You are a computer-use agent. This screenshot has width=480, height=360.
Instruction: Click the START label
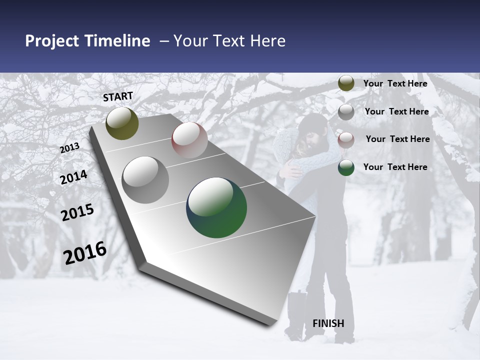pos(118,96)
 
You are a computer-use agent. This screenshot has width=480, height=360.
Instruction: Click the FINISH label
pos(328,323)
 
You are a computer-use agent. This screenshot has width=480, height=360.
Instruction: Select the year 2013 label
pos(69,148)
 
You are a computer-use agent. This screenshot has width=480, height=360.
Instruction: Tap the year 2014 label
pos(73,177)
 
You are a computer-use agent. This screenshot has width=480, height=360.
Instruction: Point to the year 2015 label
pos(77,212)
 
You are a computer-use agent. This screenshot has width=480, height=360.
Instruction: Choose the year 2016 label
pos(85,253)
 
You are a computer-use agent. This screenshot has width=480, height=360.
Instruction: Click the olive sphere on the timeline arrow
pos(122,123)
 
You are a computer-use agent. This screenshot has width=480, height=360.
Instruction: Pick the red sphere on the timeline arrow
pos(189,140)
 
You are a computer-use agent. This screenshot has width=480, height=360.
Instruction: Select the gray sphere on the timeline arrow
pos(145,180)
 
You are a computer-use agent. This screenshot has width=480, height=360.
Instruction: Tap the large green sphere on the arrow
pos(216,207)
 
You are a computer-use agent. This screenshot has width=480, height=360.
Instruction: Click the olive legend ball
pos(346,83)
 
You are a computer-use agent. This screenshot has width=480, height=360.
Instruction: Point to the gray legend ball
pos(346,112)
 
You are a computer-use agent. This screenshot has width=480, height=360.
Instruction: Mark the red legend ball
pos(346,140)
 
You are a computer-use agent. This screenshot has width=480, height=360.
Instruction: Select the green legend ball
pos(346,167)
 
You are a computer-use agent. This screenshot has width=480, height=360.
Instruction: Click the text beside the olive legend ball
pos(395,83)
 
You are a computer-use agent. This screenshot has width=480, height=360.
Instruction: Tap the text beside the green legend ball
pos(395,167)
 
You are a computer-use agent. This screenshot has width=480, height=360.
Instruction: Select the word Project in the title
pos(51,41)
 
